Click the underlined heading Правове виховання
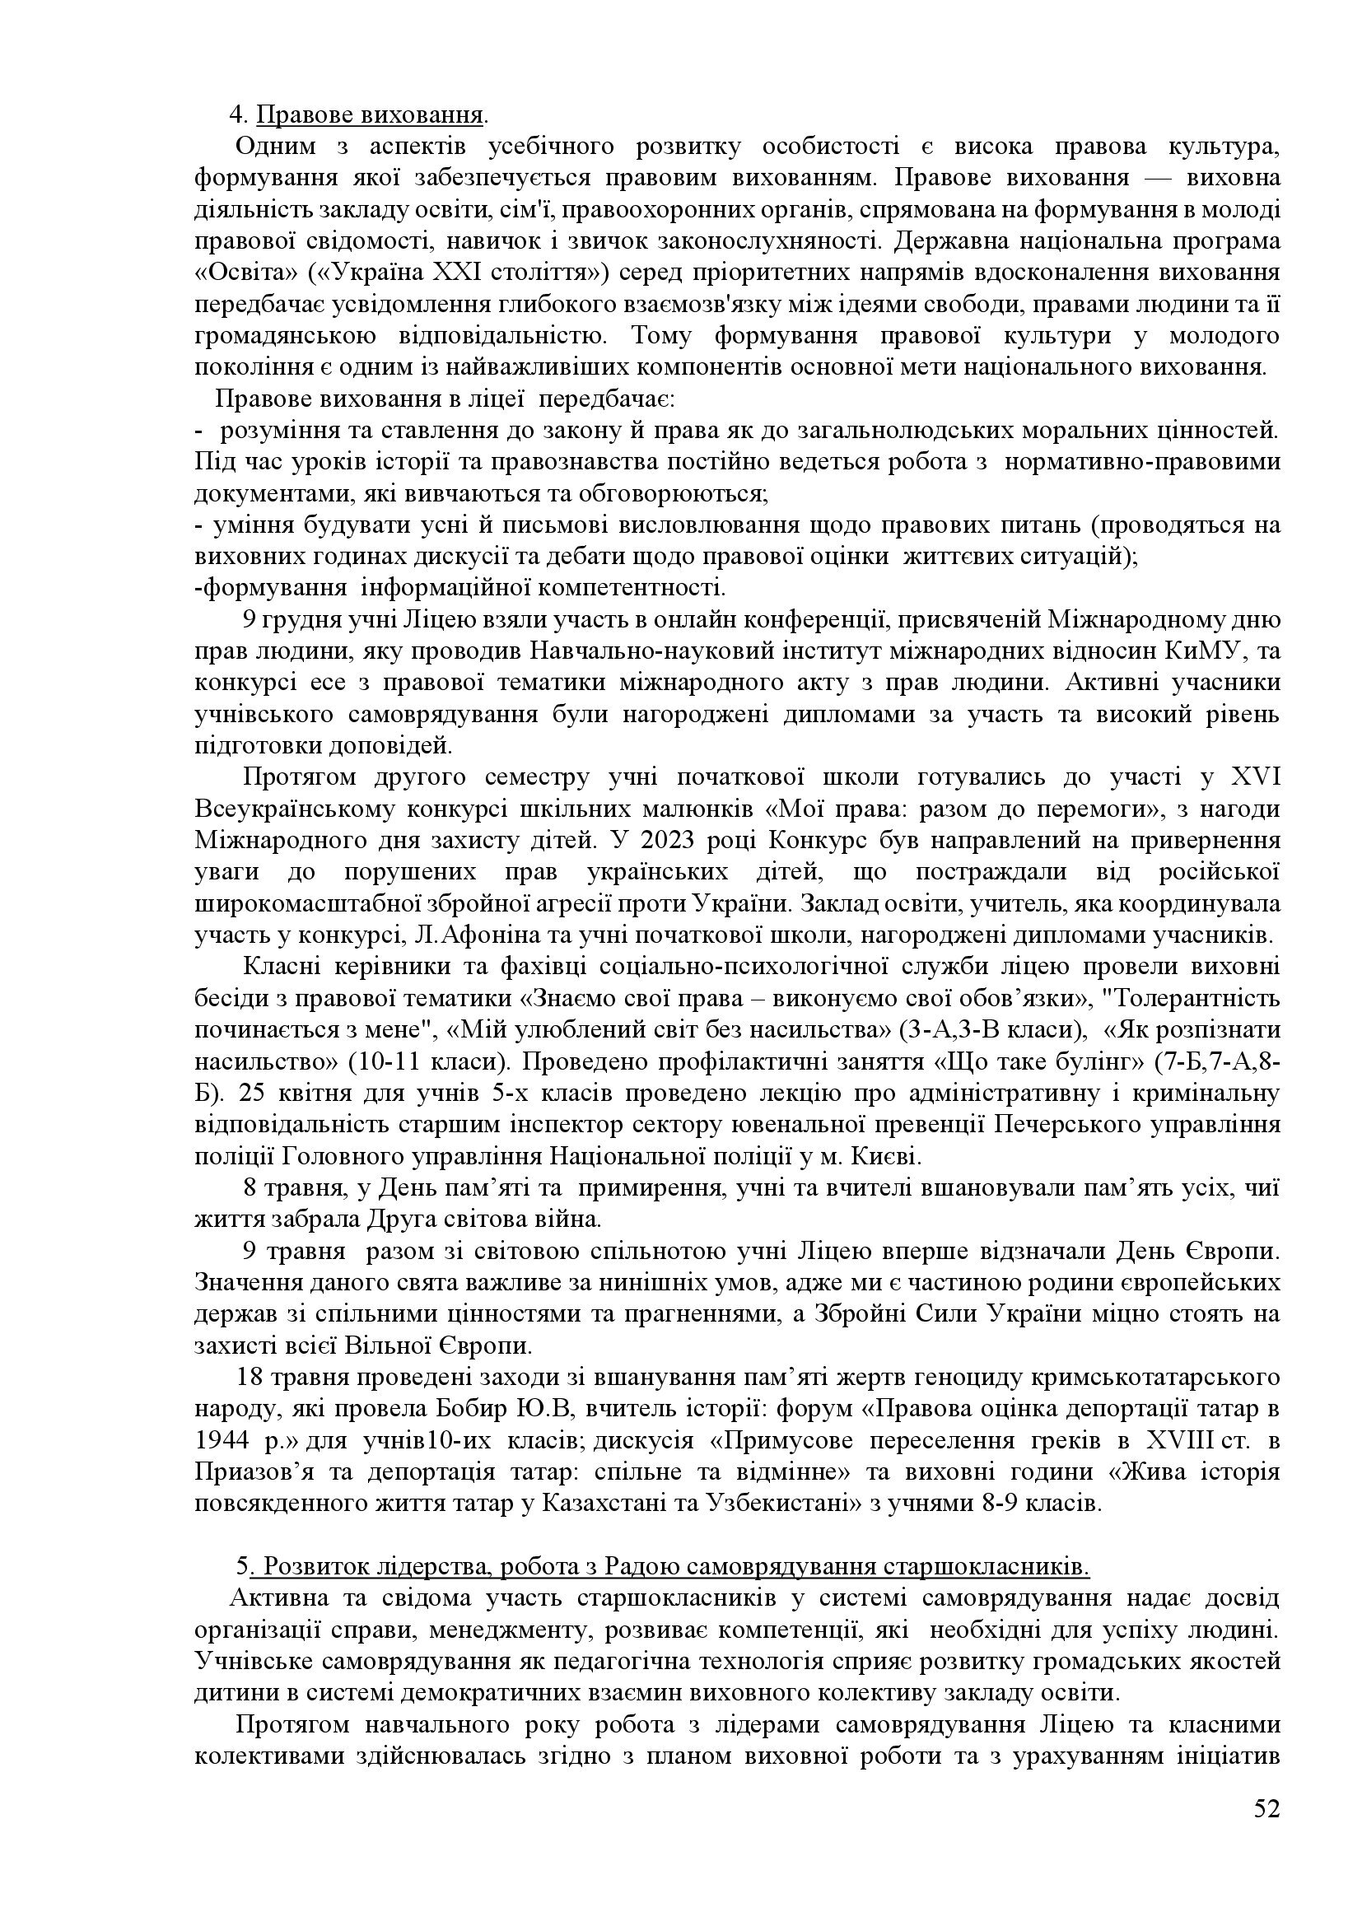(370, 114)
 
